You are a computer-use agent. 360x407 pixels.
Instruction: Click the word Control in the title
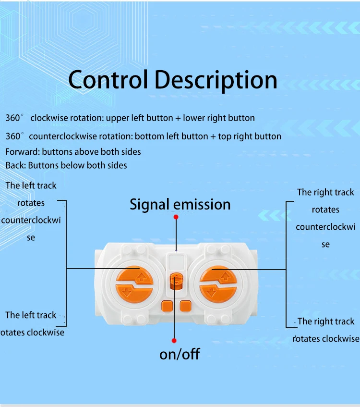click(108, 80)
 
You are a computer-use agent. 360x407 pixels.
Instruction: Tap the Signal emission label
click(180, 204)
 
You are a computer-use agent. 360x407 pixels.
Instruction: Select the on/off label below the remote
click(180, 355)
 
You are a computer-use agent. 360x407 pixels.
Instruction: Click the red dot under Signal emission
click(176, 217)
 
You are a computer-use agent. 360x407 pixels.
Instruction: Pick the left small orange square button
click(167, 306)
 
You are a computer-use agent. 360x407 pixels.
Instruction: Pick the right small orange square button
click(185, 306)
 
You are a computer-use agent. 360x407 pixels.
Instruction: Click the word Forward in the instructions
click(22, 152)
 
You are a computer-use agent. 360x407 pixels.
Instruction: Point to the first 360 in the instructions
click(13, 118)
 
